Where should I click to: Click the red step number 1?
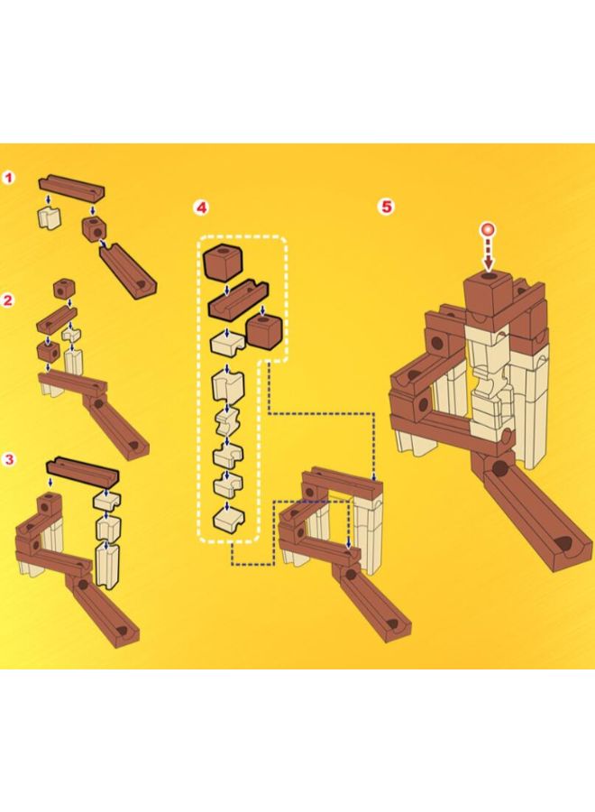[x=8, y=178]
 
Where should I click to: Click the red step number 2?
[x=8, y=300]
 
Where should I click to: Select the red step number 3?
[x=8, y=459]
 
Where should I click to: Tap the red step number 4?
[x=201, y=208]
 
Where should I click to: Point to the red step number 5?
[x=387, y=207]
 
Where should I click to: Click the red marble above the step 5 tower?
[x=488, y=229]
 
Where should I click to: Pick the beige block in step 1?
[x=50, y=218]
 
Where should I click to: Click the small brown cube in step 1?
[x=94, y=228]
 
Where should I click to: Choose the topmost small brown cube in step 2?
[x=62, y=289]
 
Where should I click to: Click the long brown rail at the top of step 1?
[x=72, y=187]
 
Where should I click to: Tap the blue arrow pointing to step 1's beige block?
[x=48, y=200]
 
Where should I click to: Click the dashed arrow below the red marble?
[x=489, y=254]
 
